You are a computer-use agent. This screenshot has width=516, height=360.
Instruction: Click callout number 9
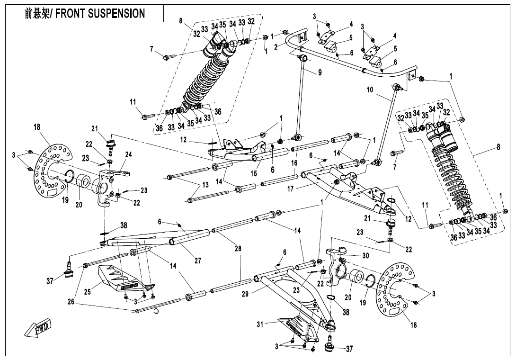(x=320, y=72)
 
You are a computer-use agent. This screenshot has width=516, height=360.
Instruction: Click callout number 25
(x=87, y=292)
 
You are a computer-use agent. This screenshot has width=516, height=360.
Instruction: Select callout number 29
(x=245, y=294)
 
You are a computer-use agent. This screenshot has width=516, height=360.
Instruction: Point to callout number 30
(x=365, y=255)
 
